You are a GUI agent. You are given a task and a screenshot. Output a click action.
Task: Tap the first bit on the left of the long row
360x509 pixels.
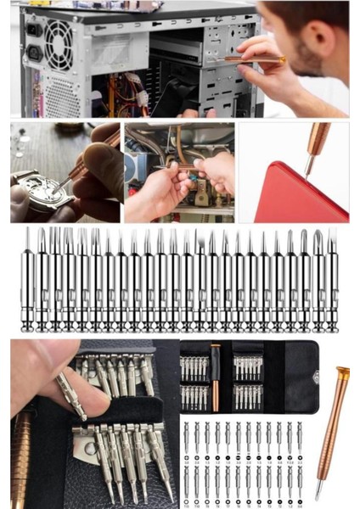click(x=28, y=280)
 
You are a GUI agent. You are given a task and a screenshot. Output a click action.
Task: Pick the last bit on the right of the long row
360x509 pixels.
click(x=333, y=280)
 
